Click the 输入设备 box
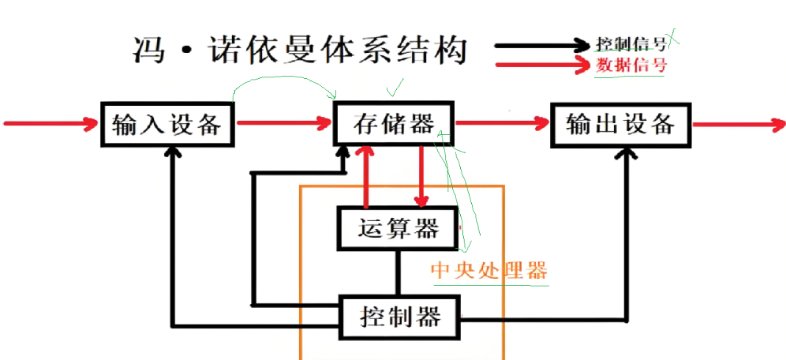pyautogui.click(x=168, y=124)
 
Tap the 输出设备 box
pyautogui.click(x=620, y=124)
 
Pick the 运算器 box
pyautogui.click(x=399, y=229)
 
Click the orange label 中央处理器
pyautogui.click(x=488, y=271)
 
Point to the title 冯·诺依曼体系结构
pyautogui.click(x=300, y=52)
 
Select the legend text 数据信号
pyautogui.click(x=631, y=65)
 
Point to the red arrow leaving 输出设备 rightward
pyautogui.click(x=738, y=124)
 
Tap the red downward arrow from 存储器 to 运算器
pyautogui.click(x=423, y=178)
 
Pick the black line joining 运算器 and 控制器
pyautogui.click(x=399, y=272)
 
